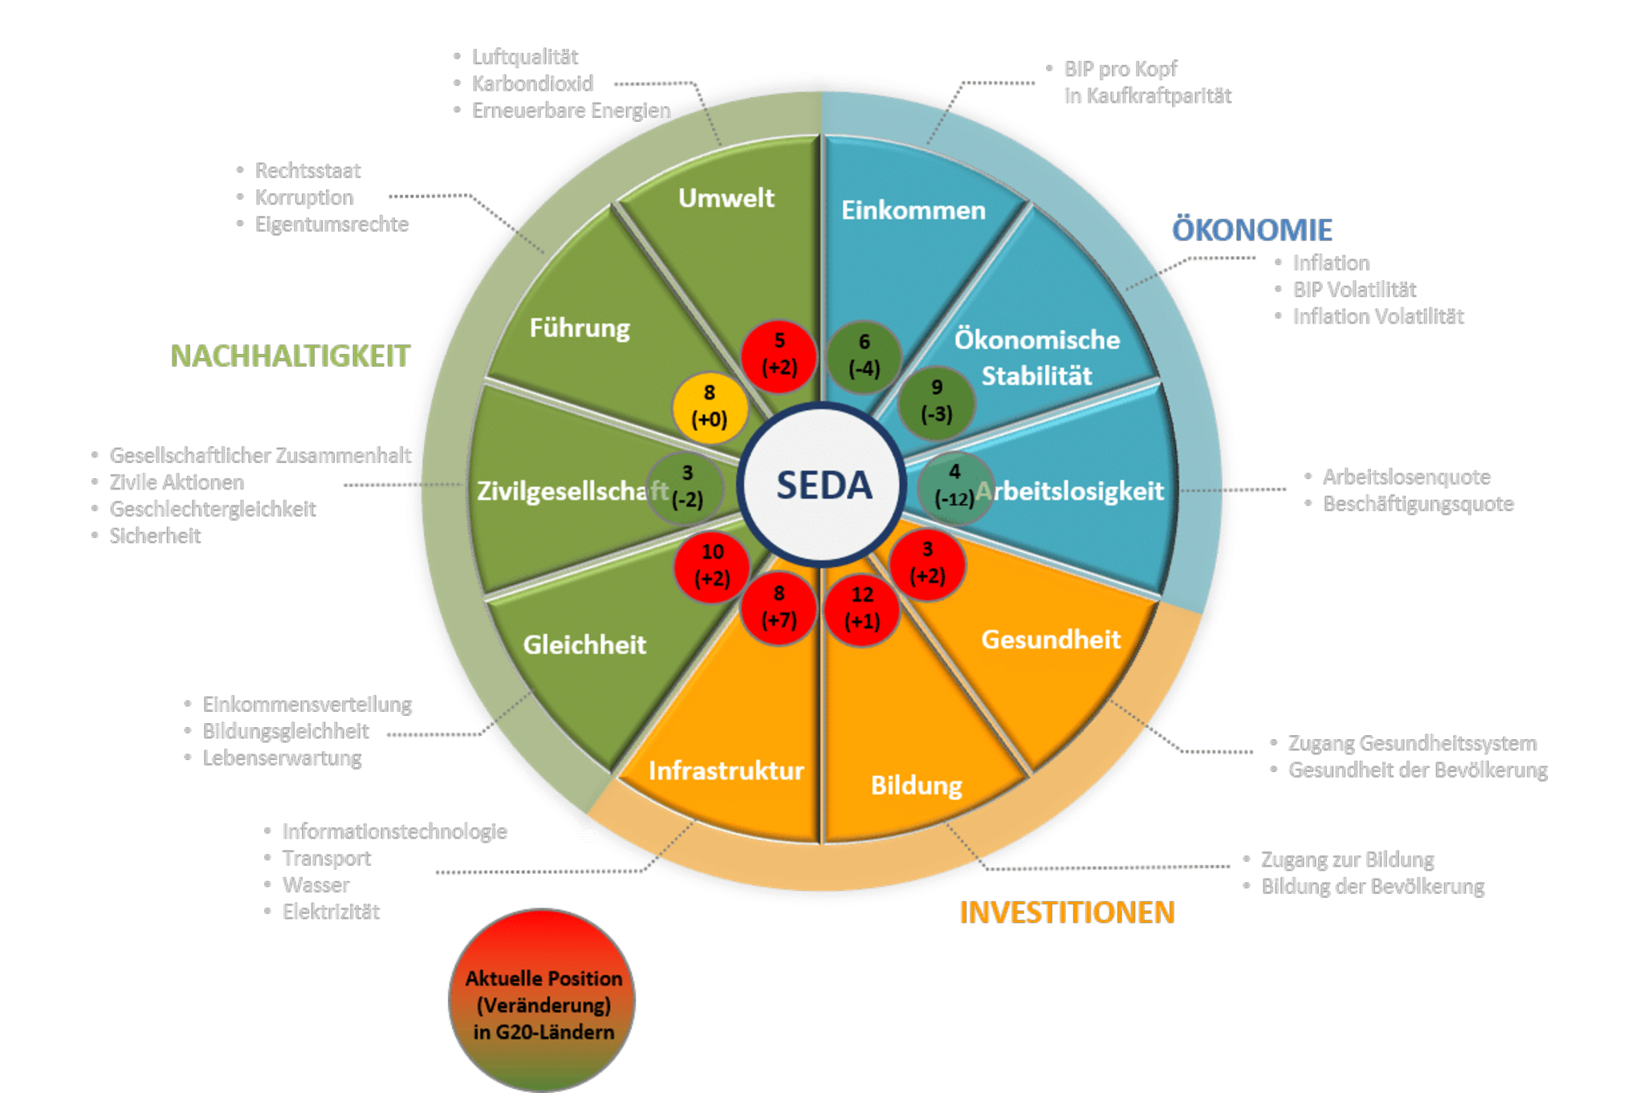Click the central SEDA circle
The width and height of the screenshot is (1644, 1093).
822,485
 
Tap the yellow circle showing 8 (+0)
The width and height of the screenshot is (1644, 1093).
710,407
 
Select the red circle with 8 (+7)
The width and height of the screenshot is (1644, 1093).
779,607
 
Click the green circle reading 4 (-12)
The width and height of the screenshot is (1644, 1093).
954,486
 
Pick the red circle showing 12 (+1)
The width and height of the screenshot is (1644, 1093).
862,608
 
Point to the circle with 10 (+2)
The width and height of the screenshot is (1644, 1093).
712,565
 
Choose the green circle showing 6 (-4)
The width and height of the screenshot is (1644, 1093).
865,356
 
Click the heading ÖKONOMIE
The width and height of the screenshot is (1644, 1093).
1251,230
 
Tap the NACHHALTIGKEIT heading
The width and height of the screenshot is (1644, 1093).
291,356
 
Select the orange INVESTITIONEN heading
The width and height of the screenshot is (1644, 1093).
1067,912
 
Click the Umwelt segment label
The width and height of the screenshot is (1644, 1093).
726,197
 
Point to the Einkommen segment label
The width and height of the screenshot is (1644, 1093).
914,210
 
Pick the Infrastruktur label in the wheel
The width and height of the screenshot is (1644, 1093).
726,770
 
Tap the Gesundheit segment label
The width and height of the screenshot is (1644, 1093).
1051,640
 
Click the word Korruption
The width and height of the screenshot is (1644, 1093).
304,197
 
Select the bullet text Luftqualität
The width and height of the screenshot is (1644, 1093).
525,57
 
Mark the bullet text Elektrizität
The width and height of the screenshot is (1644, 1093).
331,912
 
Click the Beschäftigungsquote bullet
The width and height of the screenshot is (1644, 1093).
1418,504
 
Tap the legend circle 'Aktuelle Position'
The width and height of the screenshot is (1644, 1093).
542,1001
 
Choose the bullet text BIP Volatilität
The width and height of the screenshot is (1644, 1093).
1354,290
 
